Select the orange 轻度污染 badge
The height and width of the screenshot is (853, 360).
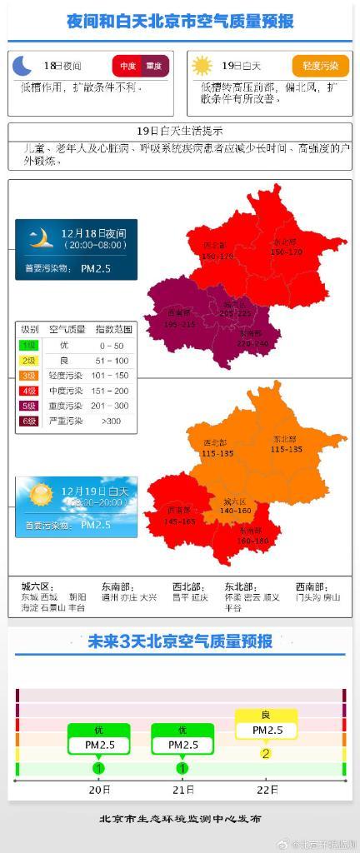coord(321,66)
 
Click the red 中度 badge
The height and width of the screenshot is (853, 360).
coord(127,66)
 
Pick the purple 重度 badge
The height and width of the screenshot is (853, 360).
coord(154,66)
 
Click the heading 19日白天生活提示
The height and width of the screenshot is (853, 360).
coord(179,131)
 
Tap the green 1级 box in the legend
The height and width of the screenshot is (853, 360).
coord(29,345)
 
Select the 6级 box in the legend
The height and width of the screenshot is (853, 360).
coord(29,421)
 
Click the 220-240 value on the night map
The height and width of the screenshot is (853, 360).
coord(252,342)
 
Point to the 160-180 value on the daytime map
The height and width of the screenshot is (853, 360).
coord(252,540)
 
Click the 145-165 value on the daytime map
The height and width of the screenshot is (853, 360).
coord(181,521)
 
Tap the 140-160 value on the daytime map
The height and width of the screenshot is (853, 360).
coord(237,511)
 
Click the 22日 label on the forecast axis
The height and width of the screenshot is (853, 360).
coord(267,789)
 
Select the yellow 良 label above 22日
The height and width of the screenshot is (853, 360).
coord(266,715)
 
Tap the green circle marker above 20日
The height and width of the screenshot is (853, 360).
coord(98,767)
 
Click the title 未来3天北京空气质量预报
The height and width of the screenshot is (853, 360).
coord(180,641)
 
